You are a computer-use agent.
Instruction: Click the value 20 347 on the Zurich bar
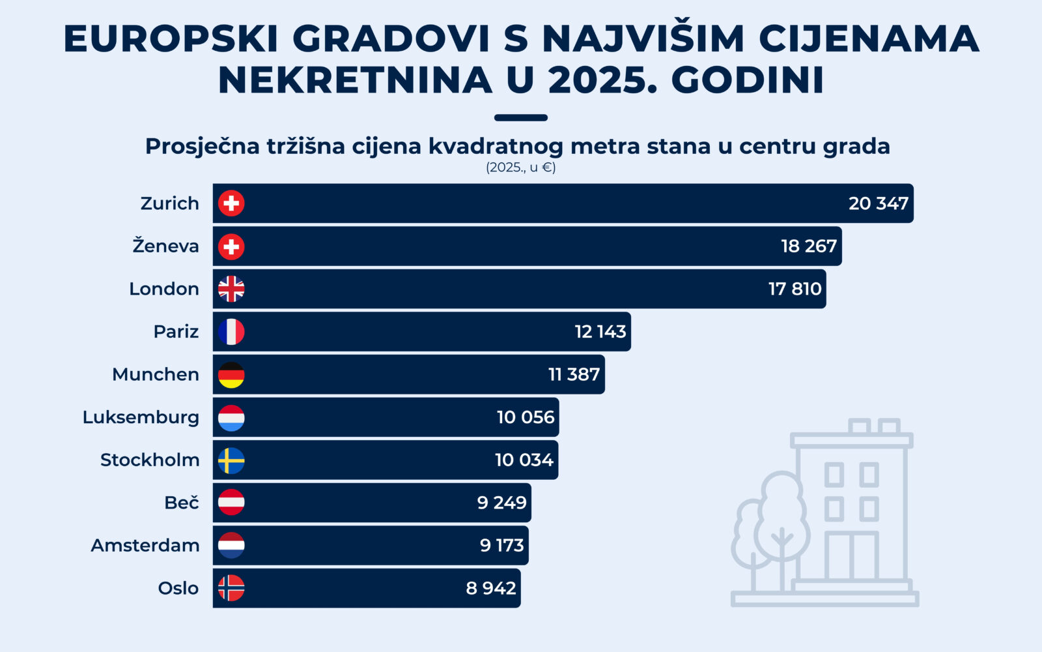coord(878,203)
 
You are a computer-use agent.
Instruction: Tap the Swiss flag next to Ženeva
coord(231,246)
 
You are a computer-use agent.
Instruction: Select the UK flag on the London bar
coord(231,289)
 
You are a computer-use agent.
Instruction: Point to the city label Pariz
coord(176,332)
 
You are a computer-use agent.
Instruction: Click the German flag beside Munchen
coord(231,375)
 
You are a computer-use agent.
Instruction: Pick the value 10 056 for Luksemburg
coord(525,417)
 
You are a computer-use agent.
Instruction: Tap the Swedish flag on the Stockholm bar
coord(231,460)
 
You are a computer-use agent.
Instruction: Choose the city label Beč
coord(181,503)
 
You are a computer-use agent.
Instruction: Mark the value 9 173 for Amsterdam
coord(501,545)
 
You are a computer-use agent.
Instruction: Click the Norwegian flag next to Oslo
coord(231,588)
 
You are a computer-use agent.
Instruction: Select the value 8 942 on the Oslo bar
coord(490,588)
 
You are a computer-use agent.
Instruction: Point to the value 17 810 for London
coord(795,289)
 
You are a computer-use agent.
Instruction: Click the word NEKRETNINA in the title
coord(355,80)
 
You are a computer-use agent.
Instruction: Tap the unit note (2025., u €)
coord(520,168)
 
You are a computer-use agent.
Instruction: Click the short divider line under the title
coord(520,118)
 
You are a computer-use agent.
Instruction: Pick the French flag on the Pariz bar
coord(231,332)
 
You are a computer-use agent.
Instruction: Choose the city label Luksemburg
coord(141,417)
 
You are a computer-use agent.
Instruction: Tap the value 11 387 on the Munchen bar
coord(574,375)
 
